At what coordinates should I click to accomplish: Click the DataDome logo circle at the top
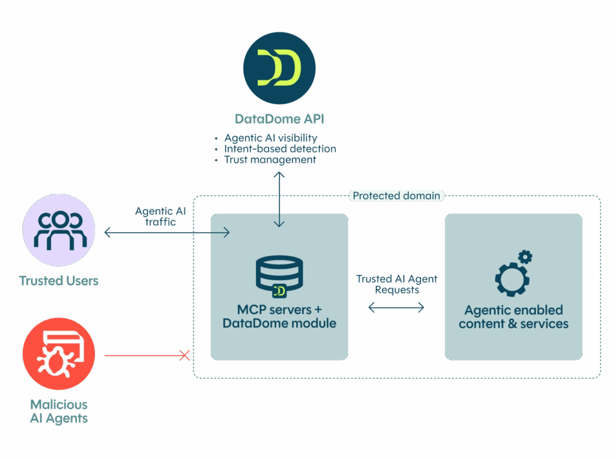point(279,68)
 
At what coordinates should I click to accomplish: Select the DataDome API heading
point(279,119)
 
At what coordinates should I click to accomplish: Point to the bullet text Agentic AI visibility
point(271,138)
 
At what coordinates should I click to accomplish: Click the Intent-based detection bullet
point(280,149)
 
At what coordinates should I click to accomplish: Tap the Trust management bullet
point(270,160)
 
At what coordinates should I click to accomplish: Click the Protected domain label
point(396,196)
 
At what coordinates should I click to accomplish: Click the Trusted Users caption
point(59,281)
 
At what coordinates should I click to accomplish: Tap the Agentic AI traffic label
point(160,216)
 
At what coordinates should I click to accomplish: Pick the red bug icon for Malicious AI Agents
point(59,354)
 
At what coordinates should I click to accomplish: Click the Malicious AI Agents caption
point(59,411)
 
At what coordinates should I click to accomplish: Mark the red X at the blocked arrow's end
point(184,355)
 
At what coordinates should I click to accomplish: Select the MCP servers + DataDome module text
point(279,316)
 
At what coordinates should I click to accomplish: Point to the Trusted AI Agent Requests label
point(396,284)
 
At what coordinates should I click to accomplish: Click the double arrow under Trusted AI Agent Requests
point(396,307)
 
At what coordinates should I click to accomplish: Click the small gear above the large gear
point(525,257)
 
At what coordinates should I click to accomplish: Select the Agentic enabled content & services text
point(514,317)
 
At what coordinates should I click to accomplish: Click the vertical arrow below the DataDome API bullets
point(279,199)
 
